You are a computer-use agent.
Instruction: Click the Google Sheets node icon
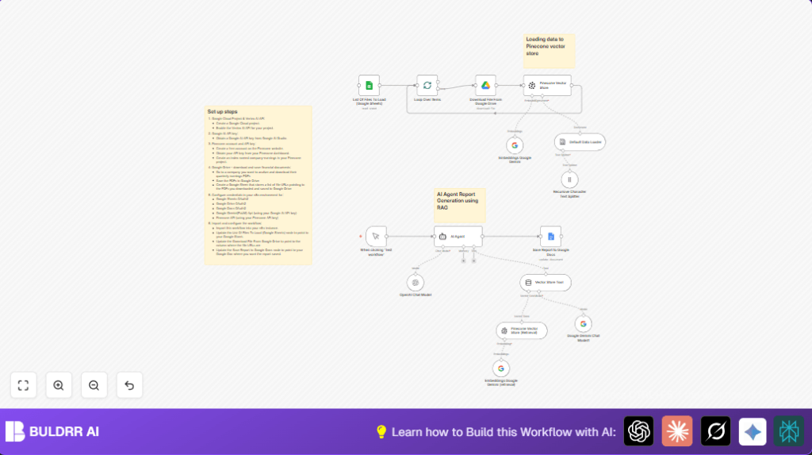point(369,85)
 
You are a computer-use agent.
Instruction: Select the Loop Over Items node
point(427,85)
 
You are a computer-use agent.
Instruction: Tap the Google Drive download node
point(485,85)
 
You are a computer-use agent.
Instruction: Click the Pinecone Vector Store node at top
point(547,85)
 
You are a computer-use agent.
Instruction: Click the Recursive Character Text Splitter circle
point(569,179)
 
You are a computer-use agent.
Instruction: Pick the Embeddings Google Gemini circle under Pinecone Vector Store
point(514,145)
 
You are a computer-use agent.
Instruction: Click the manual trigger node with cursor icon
point(376,236)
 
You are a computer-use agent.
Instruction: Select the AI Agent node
point(458,236)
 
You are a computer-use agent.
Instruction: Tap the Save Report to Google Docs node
point(550,236)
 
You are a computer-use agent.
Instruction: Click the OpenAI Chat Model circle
point(416,282)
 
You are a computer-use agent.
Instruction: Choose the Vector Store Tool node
point(546,282)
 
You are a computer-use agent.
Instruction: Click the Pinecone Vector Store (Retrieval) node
point(521,330)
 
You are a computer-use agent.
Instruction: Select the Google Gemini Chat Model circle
point(584,323)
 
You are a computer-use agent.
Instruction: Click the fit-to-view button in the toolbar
point(23,385)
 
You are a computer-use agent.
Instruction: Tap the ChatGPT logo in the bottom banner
point(638,431)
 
